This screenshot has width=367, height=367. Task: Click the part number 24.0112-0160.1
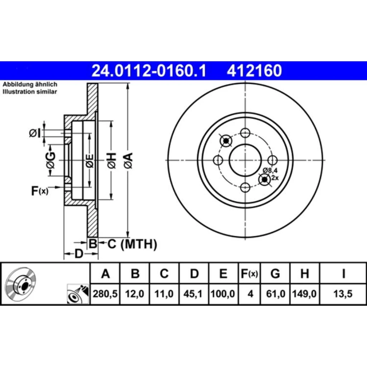click(149, 71)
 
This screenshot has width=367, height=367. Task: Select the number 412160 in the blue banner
click(254, 71)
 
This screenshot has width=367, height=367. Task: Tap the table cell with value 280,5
click(105, 294)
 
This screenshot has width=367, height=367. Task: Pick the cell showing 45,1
click(193, 294)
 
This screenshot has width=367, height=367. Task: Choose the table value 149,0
click(305, 294)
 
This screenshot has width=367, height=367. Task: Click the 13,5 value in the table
click(343, 294)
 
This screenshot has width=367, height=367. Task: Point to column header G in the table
click(275, 273)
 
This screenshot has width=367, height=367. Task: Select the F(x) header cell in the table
click(249, 273)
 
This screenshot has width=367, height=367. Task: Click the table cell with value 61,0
click(275, 294)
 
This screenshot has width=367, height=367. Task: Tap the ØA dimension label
click(129, 161)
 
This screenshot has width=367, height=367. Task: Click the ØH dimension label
click(112, 161)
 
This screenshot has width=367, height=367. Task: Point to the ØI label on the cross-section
click(35, 133)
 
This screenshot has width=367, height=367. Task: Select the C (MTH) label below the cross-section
click(132, 244)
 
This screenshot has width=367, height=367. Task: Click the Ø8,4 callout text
click(270, 170)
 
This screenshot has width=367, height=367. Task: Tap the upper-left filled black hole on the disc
click(226, 141)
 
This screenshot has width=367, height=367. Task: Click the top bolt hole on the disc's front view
click(245, 133)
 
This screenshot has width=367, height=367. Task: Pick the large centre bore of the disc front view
click(245, 160)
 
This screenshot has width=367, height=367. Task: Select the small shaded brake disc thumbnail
click(20, 284)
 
